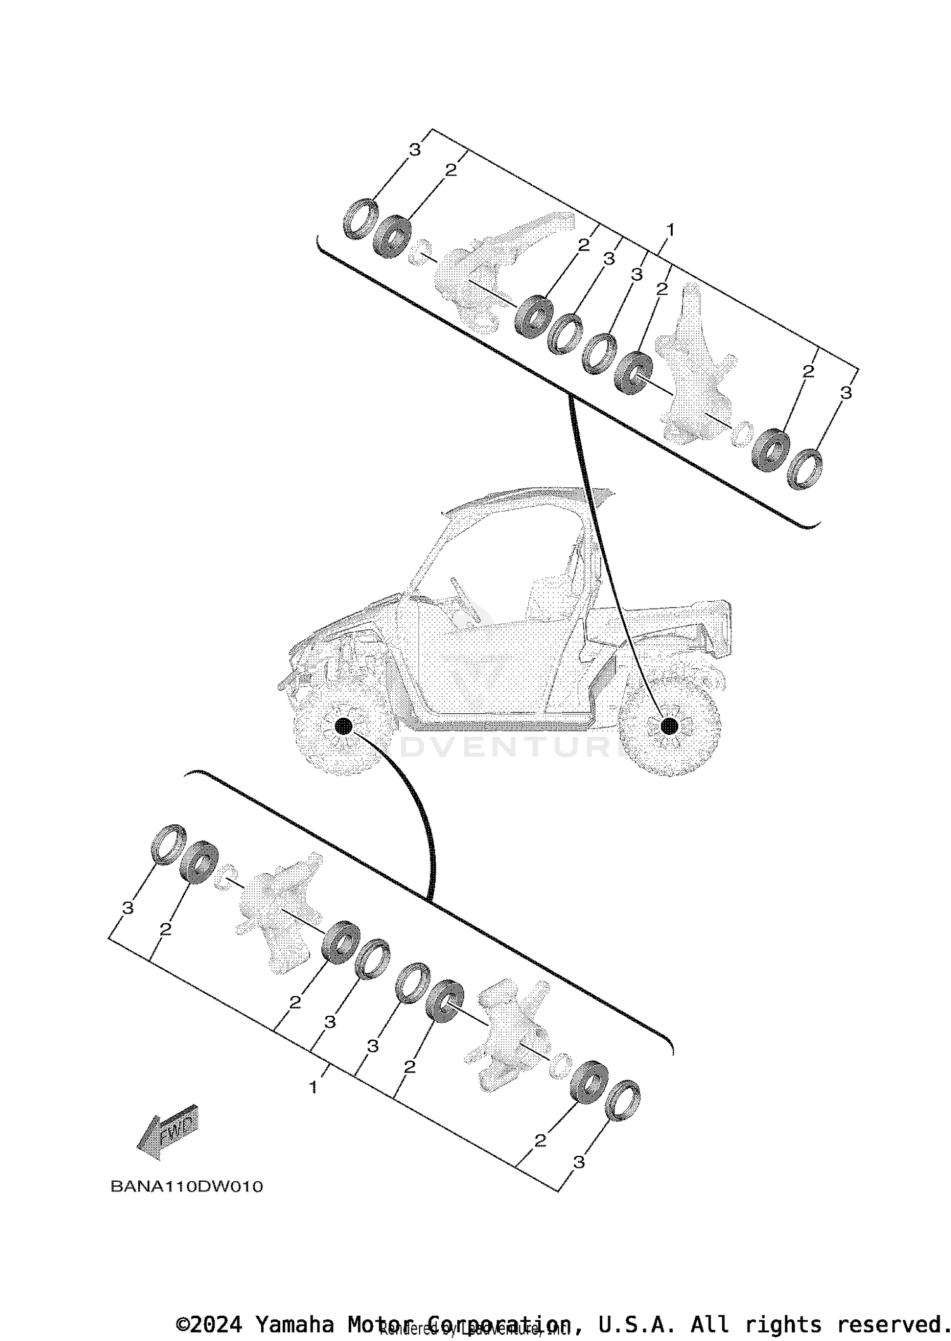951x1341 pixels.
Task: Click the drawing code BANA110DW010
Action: pos(186,1187)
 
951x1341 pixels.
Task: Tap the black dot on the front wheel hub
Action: pos(343,726)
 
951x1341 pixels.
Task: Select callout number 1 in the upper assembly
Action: pos(671,229)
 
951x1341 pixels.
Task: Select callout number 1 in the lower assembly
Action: pos(313,1088)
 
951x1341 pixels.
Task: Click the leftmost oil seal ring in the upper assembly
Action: pos(361,219)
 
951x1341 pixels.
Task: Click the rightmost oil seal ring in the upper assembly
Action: pos(805,469)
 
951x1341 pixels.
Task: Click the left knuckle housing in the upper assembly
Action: pos(482,273)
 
